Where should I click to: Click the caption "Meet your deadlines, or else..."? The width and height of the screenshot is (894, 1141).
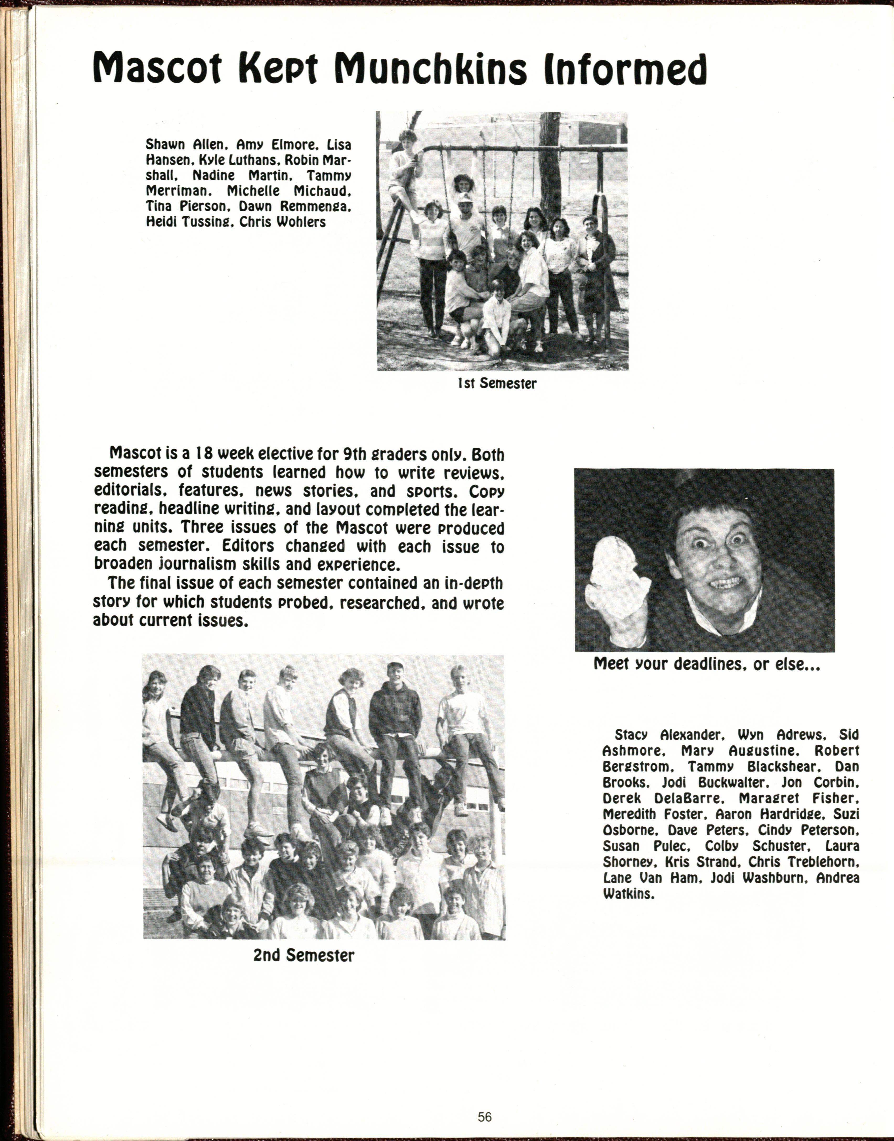click(707, 664)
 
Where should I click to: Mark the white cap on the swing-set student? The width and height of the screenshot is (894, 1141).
click(464, 197)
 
